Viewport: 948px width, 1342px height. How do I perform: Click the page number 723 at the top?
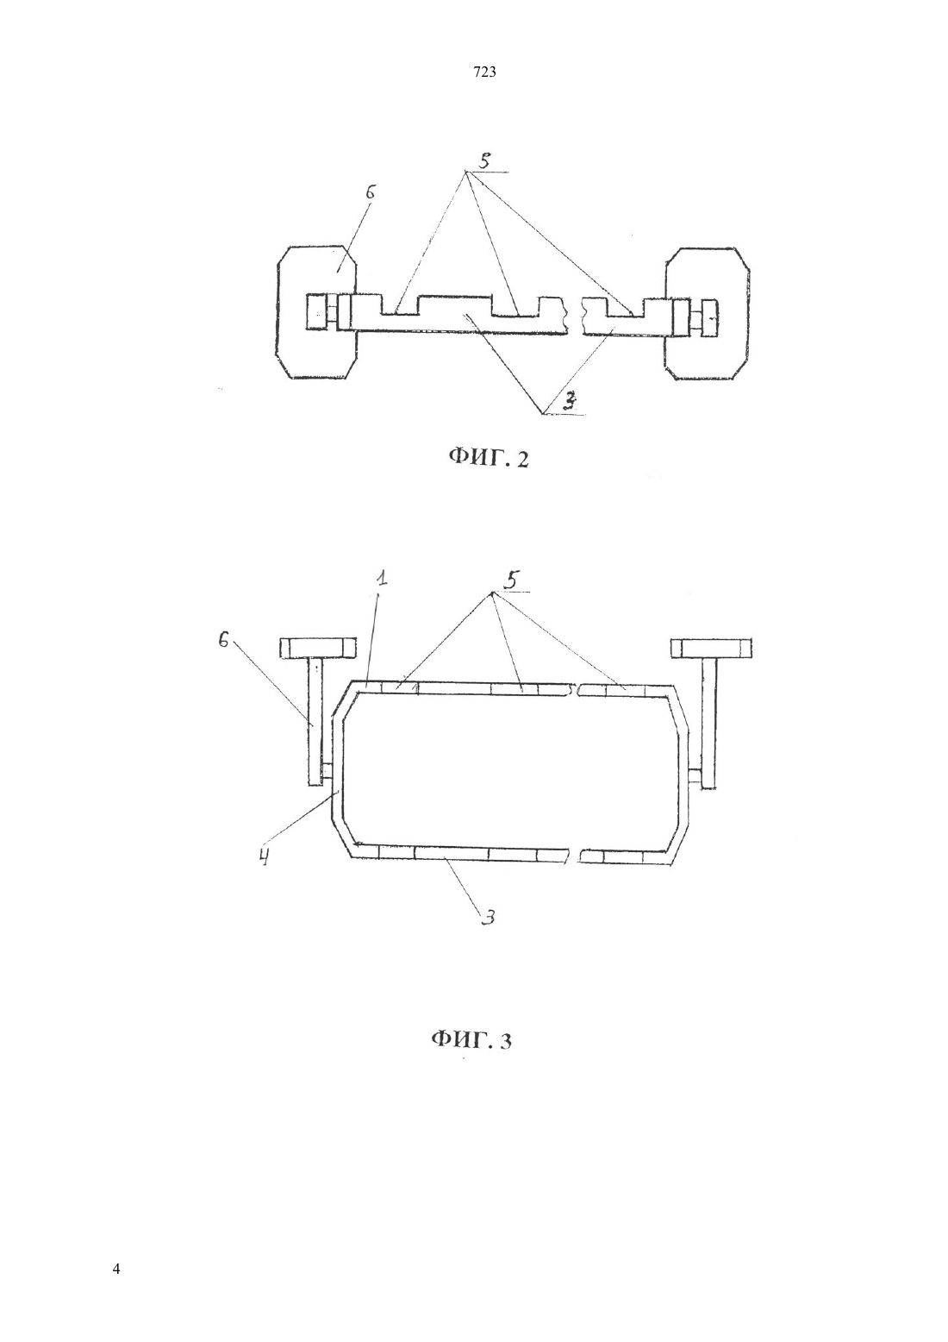pos(484,72)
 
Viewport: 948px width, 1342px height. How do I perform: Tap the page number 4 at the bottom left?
pos(115,1270)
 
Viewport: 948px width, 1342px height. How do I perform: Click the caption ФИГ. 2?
pos(489,459)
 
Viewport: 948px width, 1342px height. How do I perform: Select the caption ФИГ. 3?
pos(471,1039)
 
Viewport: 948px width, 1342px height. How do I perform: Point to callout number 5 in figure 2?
pos(484,160)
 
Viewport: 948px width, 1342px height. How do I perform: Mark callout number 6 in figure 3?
pos(222,641)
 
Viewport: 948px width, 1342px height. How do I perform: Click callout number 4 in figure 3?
pos(264,858)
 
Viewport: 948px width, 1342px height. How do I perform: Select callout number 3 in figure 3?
pos(489,916)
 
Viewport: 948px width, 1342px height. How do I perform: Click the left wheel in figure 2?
pos(317,311)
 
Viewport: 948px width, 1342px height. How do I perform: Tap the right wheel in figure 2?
pos(708,313)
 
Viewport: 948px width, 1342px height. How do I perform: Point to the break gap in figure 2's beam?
pos(576,315)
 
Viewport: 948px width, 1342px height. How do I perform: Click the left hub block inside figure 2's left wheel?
pos(315,311)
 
